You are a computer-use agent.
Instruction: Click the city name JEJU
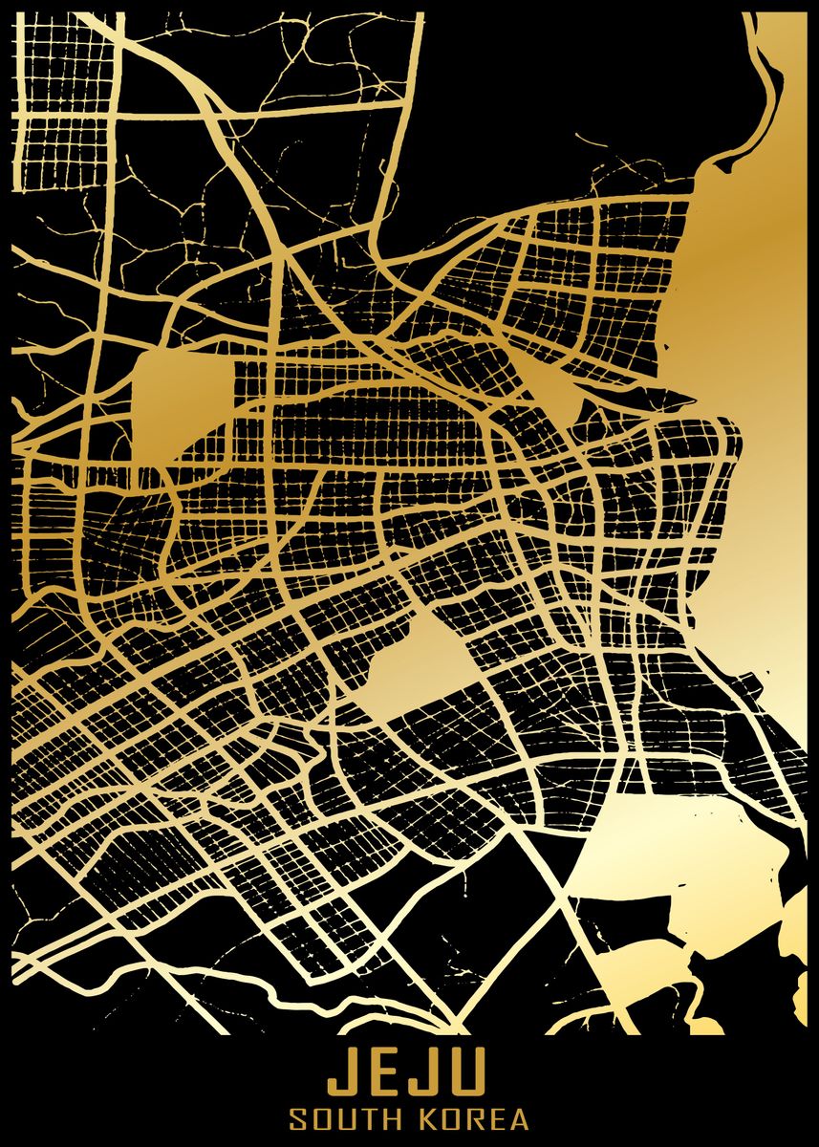[x=409, y=1073]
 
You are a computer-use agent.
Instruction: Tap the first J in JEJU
[x=342, y=1073]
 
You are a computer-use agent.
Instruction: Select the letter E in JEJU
[x=385, y=1073]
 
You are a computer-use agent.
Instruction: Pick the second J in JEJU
[x=427, y=1073]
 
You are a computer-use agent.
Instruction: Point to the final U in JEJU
[x=471, y=1073]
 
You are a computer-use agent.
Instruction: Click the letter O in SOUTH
[x=322, y=1119]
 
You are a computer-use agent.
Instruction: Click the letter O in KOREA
[x=450, y=1119]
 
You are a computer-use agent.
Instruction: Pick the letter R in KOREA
[x=475, y=1119]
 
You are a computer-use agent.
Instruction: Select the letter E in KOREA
[x=498, y=1119]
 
